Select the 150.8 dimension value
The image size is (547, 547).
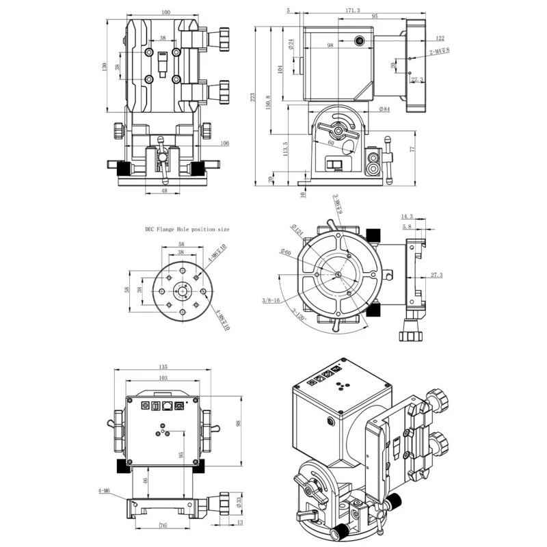click(269, 101)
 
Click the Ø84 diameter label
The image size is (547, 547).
click(384, 109)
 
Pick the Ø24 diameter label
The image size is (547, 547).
click(291, 44)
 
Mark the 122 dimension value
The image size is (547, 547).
click(439, 38)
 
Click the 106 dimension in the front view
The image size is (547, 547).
click(224, 143)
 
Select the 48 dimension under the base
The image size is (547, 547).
click(165, 191)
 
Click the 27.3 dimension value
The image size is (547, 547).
click(437, 276)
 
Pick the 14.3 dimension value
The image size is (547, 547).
click(408, 216)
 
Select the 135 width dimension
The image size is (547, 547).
click(162, 366)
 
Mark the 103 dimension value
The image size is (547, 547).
click(162, 378)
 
